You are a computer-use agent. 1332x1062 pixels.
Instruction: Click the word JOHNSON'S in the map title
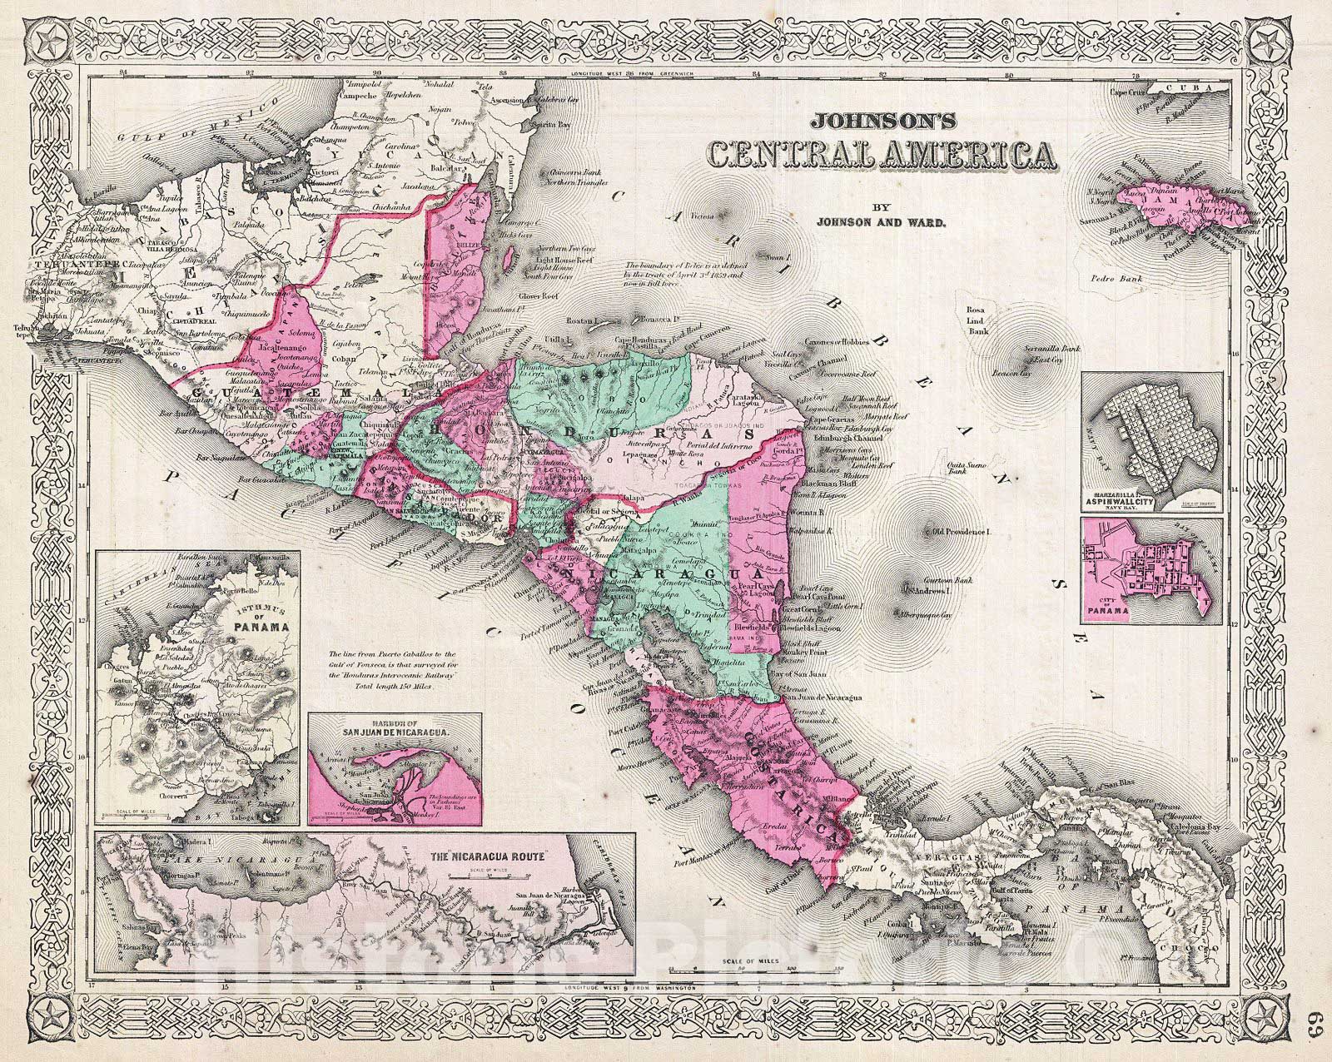(x=876, y=120)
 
